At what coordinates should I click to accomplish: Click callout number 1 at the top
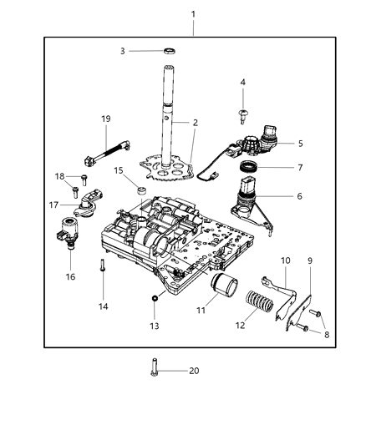194,14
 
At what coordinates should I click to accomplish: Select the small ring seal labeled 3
170,52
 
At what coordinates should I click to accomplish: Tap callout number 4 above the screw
243,82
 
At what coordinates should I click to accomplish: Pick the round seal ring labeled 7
250,170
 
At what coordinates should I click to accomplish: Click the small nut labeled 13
155,298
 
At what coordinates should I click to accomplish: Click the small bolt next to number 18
85,180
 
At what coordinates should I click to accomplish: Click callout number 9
311,260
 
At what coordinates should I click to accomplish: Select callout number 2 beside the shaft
195,123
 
